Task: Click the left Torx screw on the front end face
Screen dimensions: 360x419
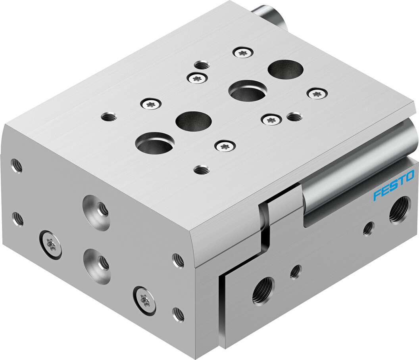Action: pyautogui.click(x=50, y=244)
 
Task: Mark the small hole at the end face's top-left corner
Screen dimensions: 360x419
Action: pyautogui.click(x=16, y=165)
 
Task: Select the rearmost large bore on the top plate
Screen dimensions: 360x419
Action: pyautogui.click(x=286, y=69)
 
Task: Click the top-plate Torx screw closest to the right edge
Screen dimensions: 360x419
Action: pyautogui.click(x=317, y=94)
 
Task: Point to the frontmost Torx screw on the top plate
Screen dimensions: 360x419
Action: pyautogui.click(x=224, y=146)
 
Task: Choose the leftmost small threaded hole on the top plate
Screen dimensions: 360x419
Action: pyautogui.click(x=108, y=117)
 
